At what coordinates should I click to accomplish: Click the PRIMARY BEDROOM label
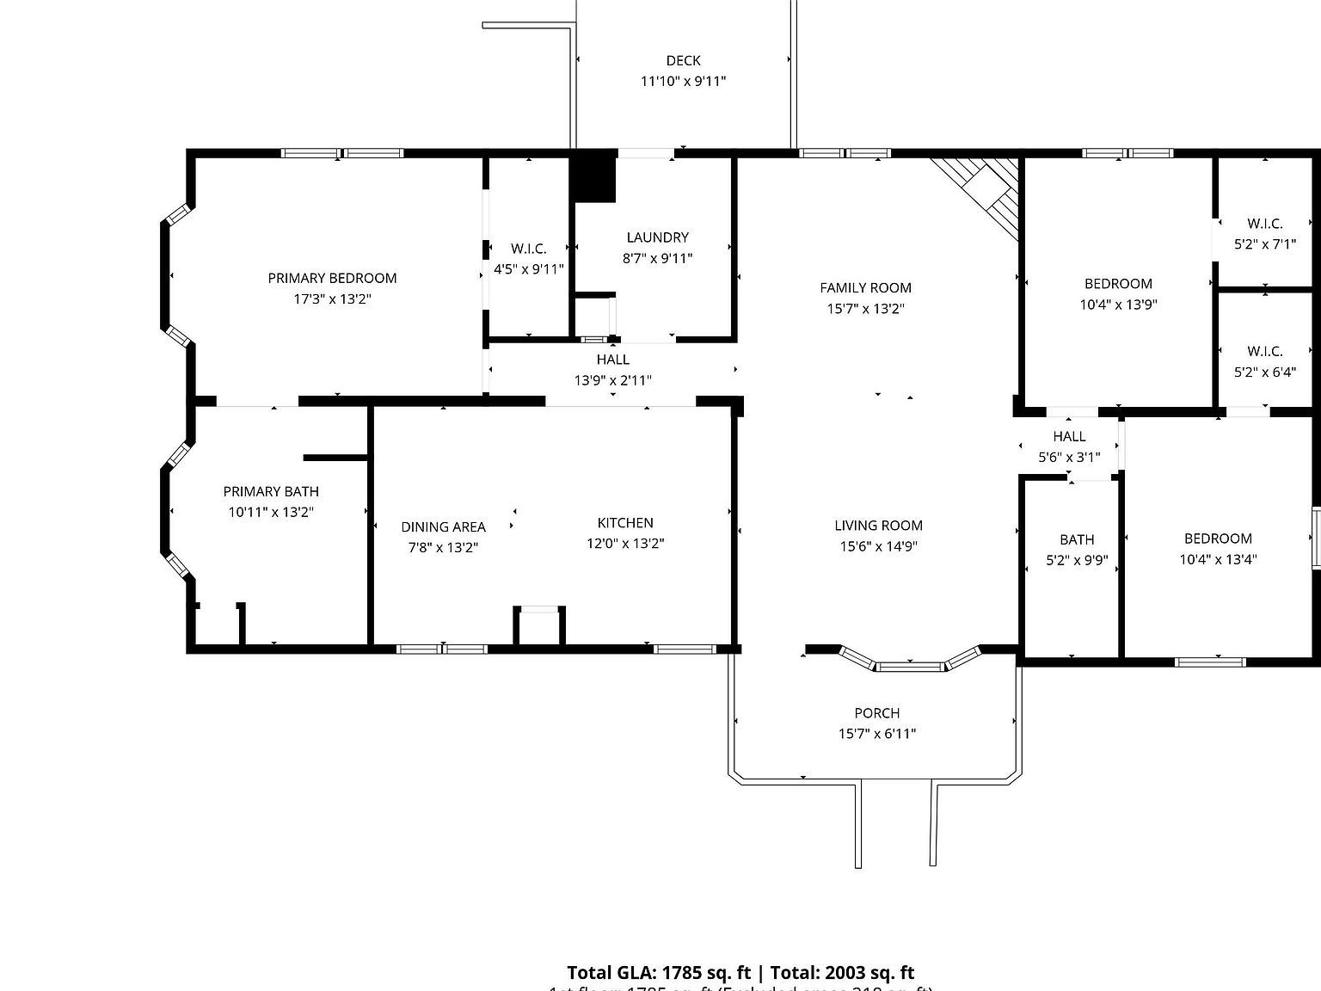click(332, 278)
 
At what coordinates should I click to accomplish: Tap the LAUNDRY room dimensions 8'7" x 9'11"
click(658, 258)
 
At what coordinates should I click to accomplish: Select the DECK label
click(683, 60)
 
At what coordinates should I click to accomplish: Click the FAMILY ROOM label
click(865, 288)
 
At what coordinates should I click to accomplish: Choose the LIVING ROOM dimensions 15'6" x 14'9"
click(878, 546)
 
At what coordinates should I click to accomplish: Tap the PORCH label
click(876, 713)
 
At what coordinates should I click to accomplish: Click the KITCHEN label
click(625, 523)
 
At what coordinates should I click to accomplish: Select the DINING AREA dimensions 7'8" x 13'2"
click(443, 547)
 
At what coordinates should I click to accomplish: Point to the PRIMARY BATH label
click(271, 492)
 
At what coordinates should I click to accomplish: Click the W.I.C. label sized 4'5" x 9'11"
click(528, 249)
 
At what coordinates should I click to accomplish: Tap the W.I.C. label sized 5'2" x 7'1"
click(1264, 224)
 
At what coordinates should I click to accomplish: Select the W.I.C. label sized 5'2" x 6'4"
click(1264, 351)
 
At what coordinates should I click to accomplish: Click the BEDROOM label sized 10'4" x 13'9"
click(1117, 284)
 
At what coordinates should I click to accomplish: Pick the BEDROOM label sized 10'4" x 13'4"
click(1217, 539)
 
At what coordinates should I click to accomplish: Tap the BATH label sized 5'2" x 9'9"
click(1077, 539)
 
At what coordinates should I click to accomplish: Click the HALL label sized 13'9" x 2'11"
click(612, 360)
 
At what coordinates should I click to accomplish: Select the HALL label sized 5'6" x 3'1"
click(1069, 436)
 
